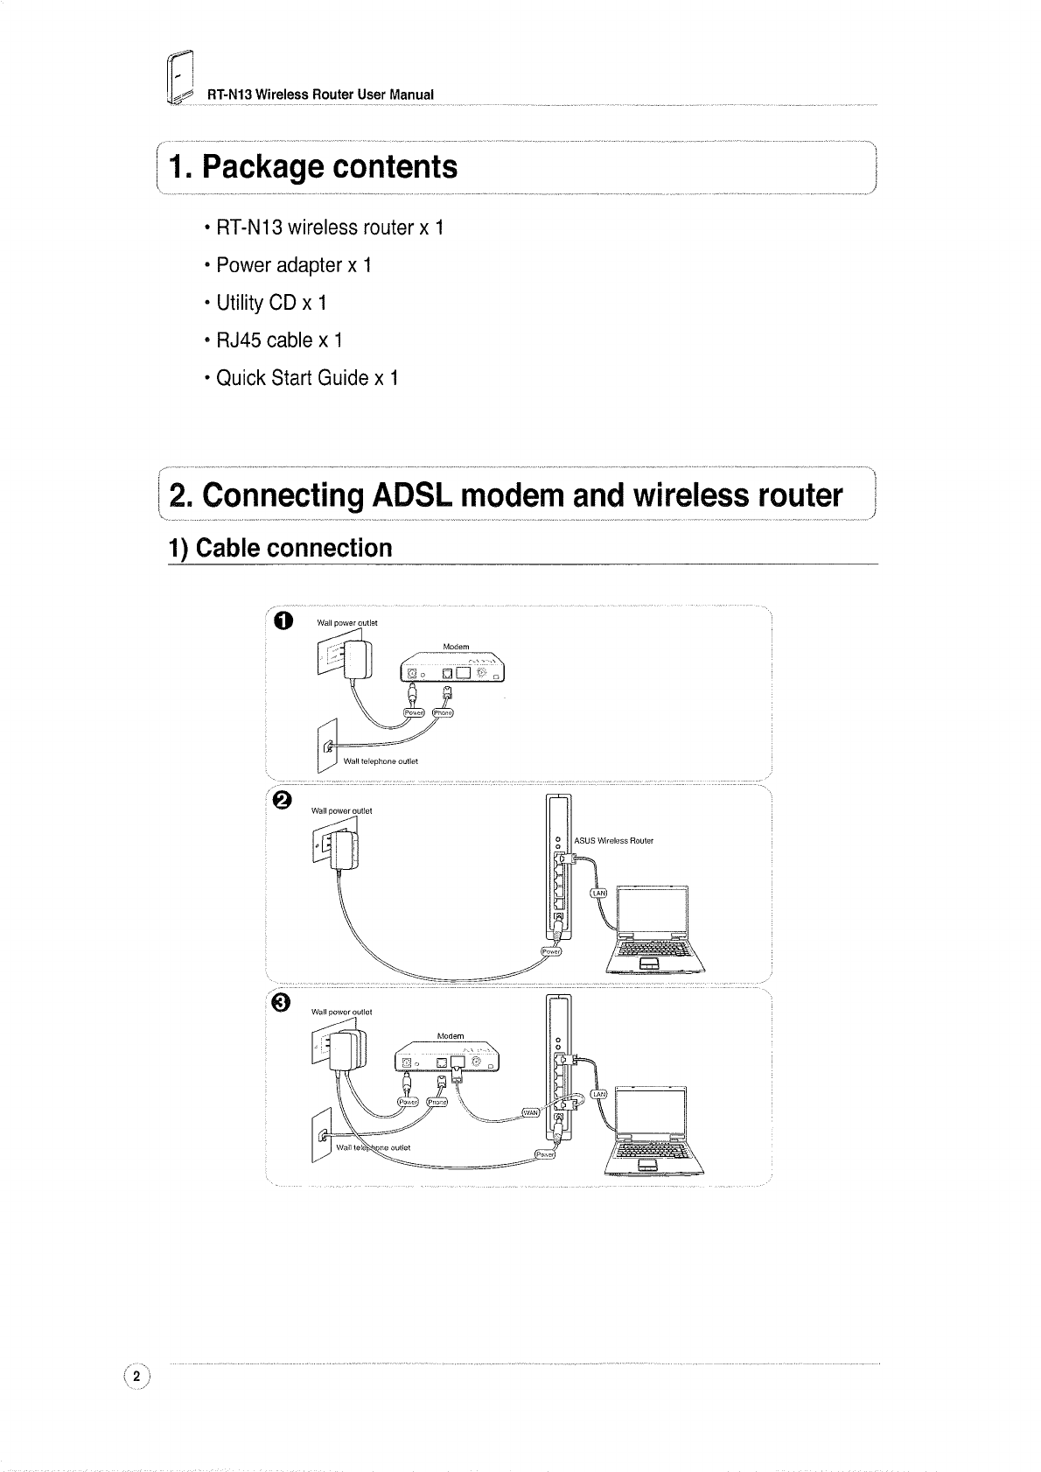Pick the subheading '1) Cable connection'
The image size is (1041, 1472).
tap(280, 549)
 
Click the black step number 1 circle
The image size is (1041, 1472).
tap(282, 620)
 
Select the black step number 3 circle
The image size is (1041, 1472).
tap(282, 1003)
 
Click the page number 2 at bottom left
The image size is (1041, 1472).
tap(137, 1377)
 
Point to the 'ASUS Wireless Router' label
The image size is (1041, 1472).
tap(613, 841)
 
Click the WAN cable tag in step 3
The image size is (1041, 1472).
tap(531, 1112)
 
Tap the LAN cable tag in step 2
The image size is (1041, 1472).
tap(600, 894)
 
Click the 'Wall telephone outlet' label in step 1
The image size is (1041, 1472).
tap(381, 761)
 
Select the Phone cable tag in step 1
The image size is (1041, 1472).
tap(444, 712)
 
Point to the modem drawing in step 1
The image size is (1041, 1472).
tap(453, 667)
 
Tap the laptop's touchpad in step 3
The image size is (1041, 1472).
tap(648, 1163)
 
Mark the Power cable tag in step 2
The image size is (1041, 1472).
tap(552, 951)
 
